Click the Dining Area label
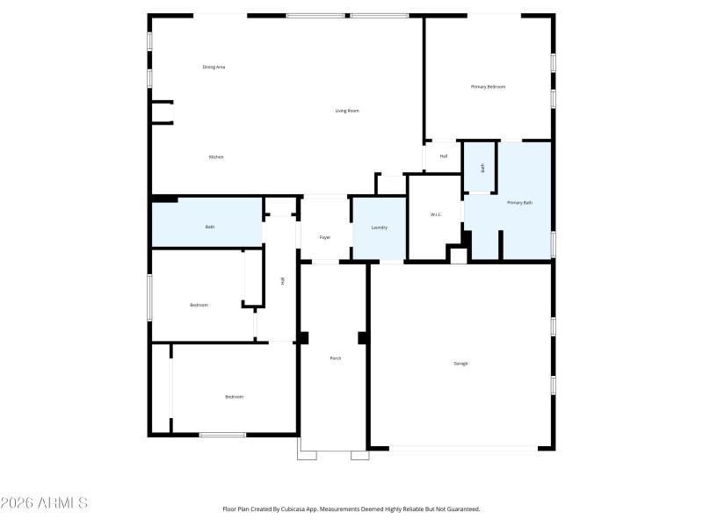(214, 67)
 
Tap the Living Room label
(347, 111)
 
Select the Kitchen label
(216, 157)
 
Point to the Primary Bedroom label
(488, 87)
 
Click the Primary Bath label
(520, 203)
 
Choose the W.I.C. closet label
(436, 214)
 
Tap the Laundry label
(380, 227)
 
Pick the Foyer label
(325, 237)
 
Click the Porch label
(336, 358)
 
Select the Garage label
(460, 363)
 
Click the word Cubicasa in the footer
(303, 509)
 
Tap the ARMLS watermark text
(44, 503)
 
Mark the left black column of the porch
(304, 337)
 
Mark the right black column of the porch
(362, 337)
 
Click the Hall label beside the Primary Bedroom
(444, 156)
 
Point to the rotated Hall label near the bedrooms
(283, 280)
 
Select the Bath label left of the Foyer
(210, 227)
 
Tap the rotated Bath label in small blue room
(482, 167)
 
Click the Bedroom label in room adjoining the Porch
(234, 397)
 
